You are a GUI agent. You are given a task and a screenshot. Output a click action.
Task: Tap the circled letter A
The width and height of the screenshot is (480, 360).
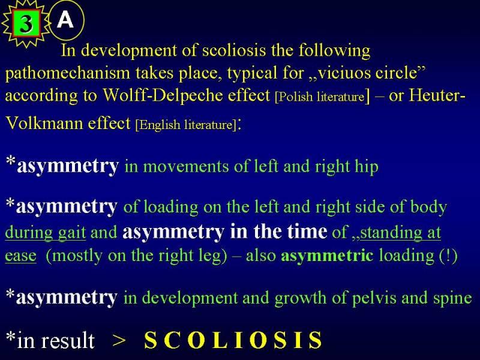tap(65, 20)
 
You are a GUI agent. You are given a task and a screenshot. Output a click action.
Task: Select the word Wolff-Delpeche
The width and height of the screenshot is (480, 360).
tap(186, 95)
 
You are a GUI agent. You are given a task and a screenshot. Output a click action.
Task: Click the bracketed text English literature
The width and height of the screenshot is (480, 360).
tap(186, 125)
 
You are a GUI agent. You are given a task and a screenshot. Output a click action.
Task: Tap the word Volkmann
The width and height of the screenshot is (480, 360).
tap(44, 123)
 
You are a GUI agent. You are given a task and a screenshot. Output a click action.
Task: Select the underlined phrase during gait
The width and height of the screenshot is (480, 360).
tap(46, 233)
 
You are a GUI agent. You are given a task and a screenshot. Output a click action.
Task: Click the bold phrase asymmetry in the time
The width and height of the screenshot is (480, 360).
tap(224, 232)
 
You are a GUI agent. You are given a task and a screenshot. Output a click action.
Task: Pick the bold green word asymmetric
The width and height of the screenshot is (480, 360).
tap(327, 256)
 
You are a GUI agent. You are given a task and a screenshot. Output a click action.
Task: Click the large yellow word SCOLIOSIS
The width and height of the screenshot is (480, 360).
tap(233, 340)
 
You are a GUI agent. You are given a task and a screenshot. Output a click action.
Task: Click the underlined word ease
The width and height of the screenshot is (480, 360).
tap(21, 256)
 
